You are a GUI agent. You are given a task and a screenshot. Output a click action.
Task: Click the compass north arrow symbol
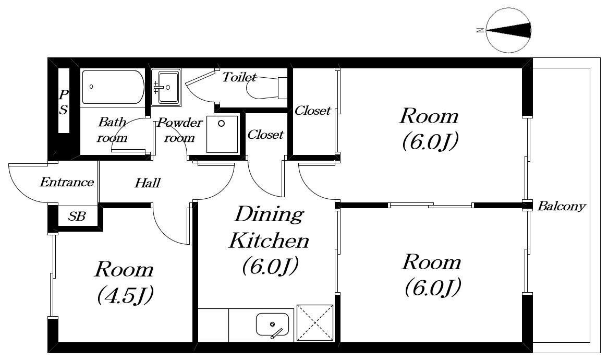coord(509,31)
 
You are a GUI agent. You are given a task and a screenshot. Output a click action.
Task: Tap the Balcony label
coord(561,206)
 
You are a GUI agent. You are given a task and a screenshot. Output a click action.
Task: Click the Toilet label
coord(239,77)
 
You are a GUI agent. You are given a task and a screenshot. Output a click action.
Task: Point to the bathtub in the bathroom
coord(113,87)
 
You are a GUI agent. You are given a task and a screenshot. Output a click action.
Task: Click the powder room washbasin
coord(166,87)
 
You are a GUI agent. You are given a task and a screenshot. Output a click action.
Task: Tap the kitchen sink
coord(272,325)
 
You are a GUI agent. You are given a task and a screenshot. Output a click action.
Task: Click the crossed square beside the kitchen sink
coord(315,323)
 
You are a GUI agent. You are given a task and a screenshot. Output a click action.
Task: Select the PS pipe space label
coord(63,102)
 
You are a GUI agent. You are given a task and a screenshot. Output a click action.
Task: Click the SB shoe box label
coord(77,216)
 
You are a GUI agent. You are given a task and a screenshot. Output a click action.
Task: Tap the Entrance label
coord(67,182)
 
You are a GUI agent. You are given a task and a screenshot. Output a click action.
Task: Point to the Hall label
coord(148,183)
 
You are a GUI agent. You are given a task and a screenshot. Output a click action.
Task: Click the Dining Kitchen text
coord(269,227)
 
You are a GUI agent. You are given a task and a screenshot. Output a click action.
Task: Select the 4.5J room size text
coord(125,295)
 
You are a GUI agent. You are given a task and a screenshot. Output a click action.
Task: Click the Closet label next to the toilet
coord(312,111)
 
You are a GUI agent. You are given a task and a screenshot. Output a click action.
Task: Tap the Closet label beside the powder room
coord(265,135)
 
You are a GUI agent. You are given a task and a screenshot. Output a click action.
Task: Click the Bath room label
coord(112,129)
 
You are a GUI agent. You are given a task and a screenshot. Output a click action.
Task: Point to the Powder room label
coord(179,130)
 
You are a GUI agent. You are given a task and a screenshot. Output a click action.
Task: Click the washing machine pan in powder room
coord(222,134)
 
